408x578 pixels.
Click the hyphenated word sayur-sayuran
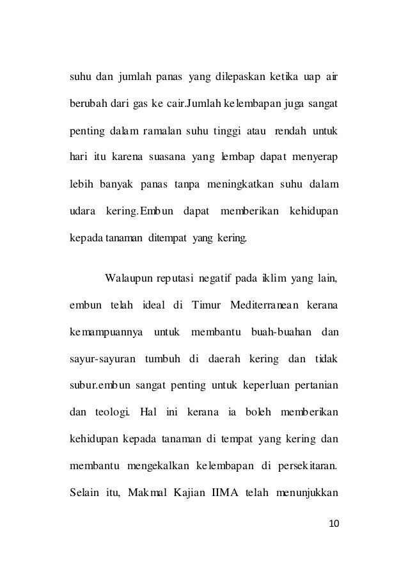(x=102, y=358)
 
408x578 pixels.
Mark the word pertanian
(x=316, y=385)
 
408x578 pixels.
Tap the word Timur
(x=205, y=305)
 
